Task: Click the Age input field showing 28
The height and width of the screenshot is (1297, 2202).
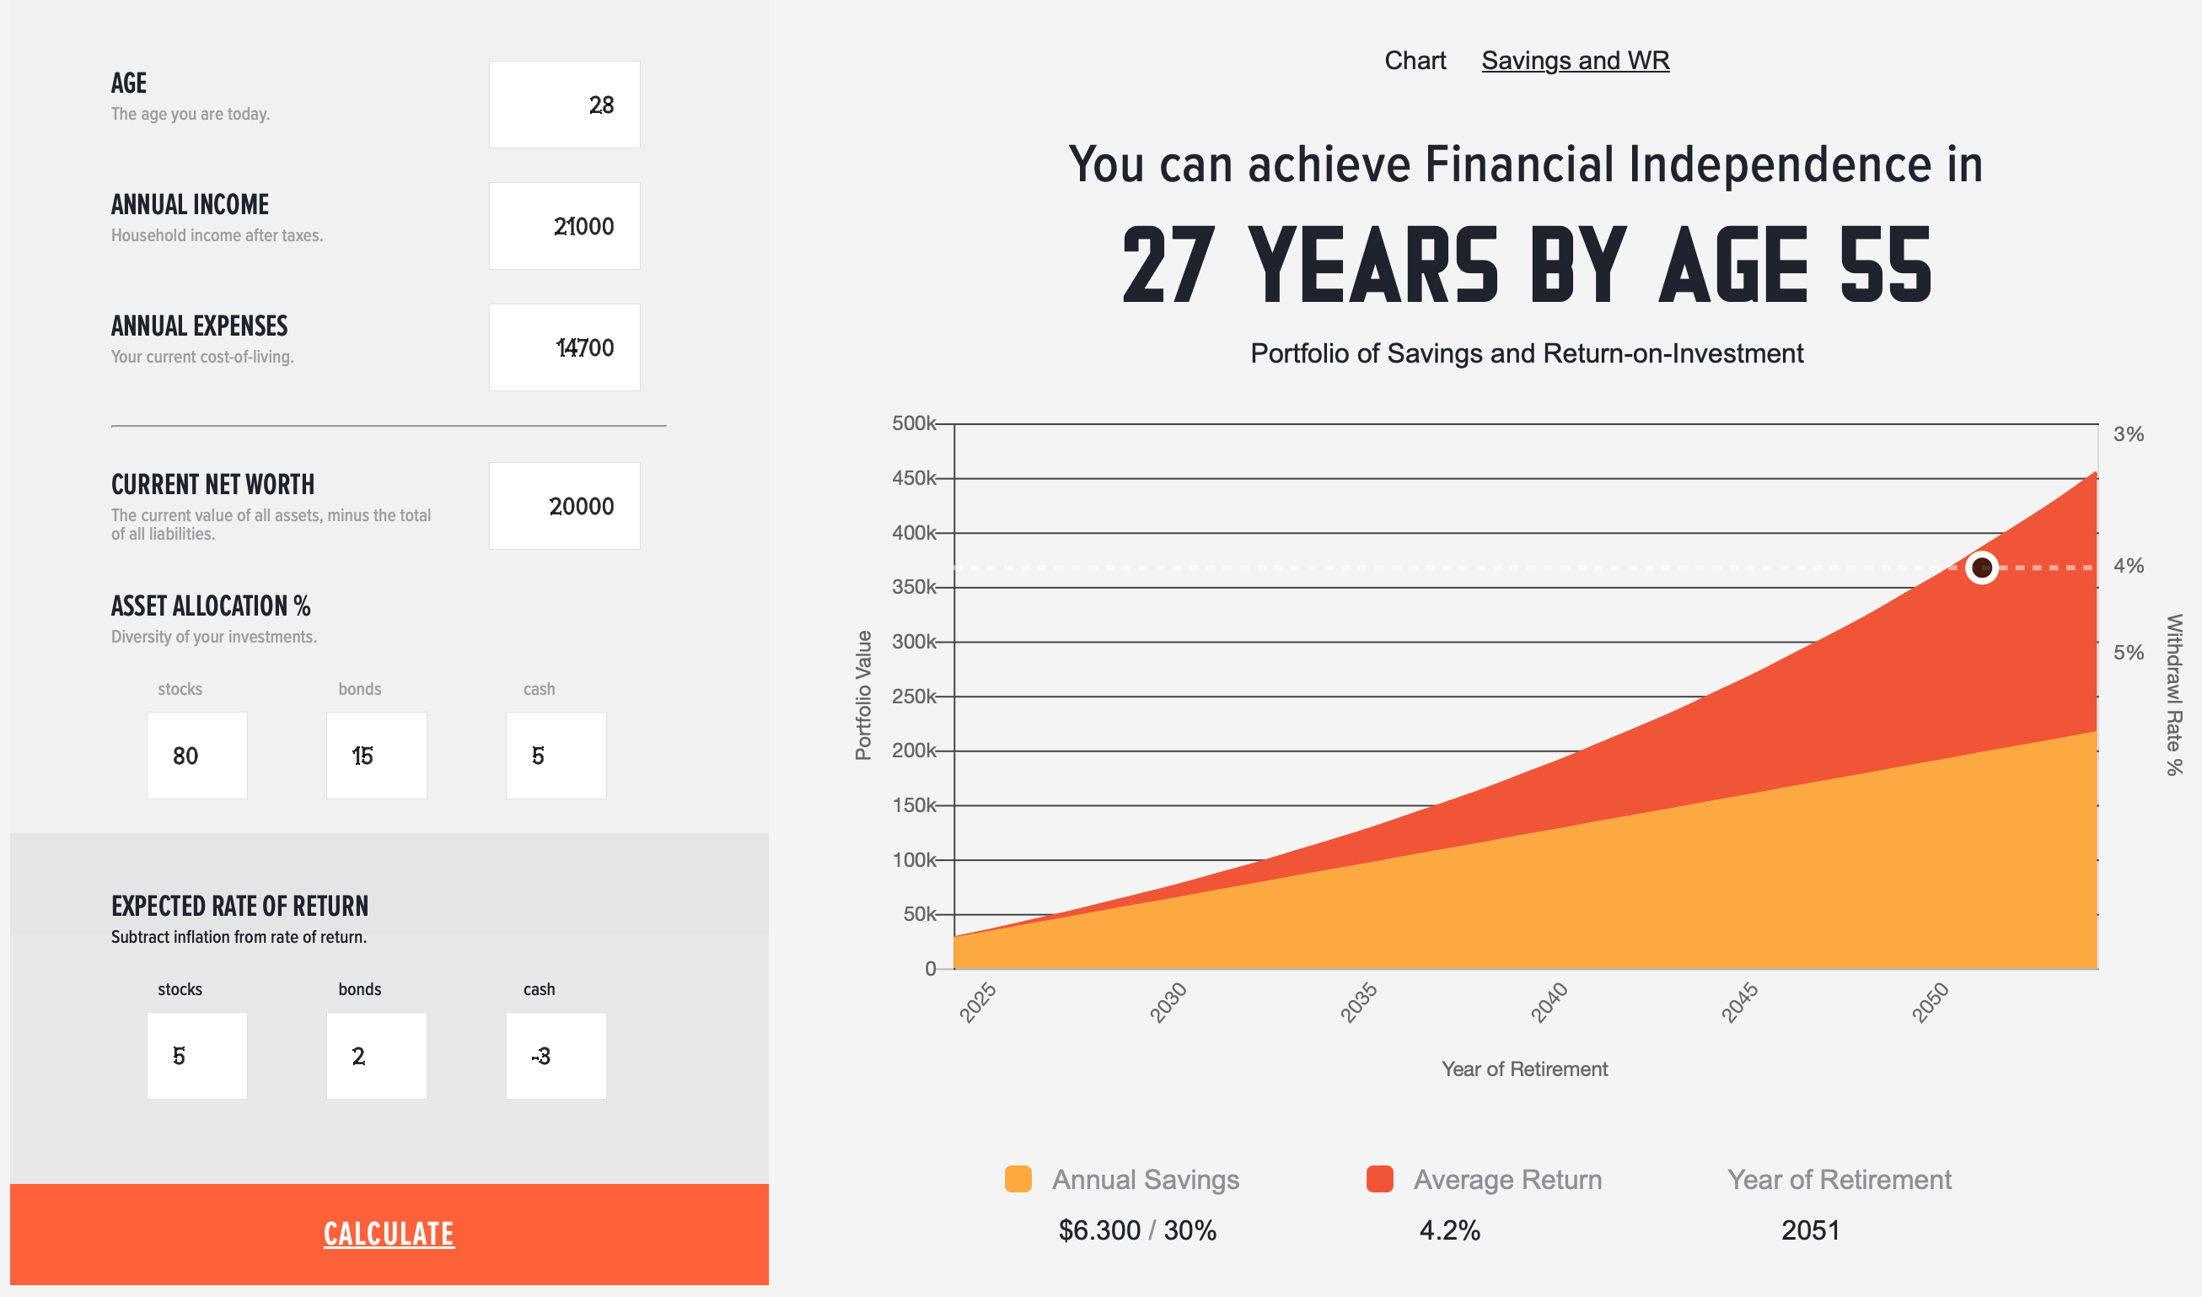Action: pyautogui.click(x=565, y=105)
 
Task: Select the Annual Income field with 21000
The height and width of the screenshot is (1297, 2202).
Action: pyautogui.click(x=565, y=226)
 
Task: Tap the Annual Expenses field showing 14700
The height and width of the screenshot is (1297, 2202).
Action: pyautogui.click(x=565, y=347)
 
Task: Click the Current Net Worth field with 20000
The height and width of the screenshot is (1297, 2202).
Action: pyautogui.click(x=565, y=506)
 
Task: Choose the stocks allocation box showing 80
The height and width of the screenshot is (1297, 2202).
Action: pyautogui.click(x=197, y=756)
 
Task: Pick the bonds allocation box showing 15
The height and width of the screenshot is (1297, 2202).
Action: pyautogui.click(x=377, y=756)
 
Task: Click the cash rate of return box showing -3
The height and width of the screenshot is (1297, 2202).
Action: pyautogui.click(x=556, y=1056)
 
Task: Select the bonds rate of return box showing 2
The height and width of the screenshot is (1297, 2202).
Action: pyautogui.click(x=377, y=1056)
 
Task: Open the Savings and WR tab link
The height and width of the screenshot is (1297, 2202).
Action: pyautogui.click(x=1576, y=61)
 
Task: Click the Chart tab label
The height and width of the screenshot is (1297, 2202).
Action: pyautogui.click(x=1415, y=61)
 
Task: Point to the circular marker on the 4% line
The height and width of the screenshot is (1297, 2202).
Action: pyautogui.click(x=1982, y=568)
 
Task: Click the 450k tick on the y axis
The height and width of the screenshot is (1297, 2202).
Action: pyautogui.click(x=914, y=478)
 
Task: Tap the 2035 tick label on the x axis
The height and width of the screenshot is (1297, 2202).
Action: pyautogui.click(x=1359, y=1003)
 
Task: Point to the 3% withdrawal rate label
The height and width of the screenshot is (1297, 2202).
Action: pyautogui.click(x=2129, y=434)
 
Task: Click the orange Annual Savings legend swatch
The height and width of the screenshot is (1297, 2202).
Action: pyautogui.click(x=1018, y=1179)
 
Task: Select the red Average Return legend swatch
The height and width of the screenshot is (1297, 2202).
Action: pyautogui.click(x=1380, y=1179)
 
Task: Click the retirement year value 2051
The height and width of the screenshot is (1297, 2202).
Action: pyautogui.click(x=1811, y=1230)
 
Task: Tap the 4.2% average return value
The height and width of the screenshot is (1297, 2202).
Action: pyautogui.click(x=1450, y=1230)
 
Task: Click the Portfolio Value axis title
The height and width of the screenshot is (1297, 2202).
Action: pyautogui.click(x=863, y=696)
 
